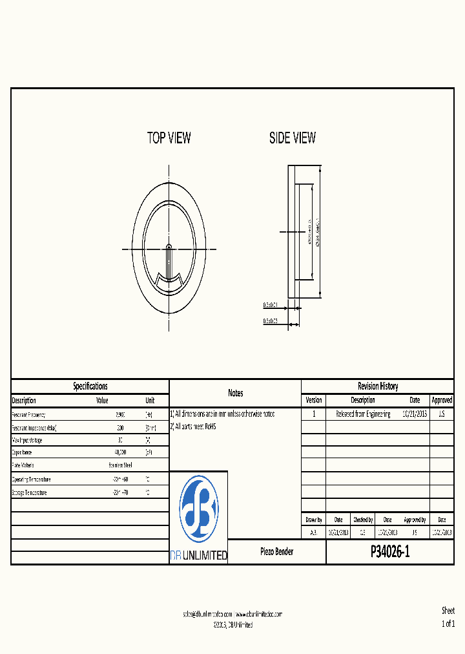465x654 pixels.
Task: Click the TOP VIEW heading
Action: [169, 138]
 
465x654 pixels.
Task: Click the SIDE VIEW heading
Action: [293, 138]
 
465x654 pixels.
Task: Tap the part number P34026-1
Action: [390, 552]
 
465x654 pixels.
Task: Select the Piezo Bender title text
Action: [276, 552]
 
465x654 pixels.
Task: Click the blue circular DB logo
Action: [198, 509]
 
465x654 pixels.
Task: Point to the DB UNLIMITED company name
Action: [198, 555]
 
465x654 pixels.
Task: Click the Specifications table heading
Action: [90, 386]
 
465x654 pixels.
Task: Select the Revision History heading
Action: [378, 386]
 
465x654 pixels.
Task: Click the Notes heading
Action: [235, 393]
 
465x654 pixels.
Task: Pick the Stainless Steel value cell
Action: [120, 465]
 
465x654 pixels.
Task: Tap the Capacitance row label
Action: [26, 452]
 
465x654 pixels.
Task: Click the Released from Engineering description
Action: [363, 414]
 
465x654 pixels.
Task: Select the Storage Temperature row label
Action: [30, 492]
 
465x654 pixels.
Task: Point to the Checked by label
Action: [362, 520]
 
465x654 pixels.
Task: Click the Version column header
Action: [313, 400]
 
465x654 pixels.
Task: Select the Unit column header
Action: [150, 400]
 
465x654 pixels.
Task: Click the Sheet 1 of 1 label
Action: [448, 617]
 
